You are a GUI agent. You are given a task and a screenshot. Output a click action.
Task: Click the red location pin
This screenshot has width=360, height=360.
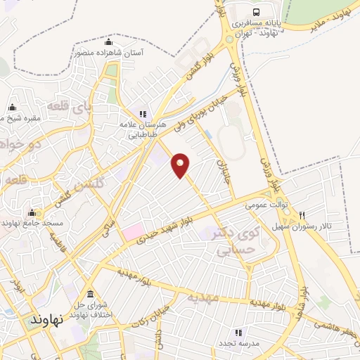[x=181, y=165]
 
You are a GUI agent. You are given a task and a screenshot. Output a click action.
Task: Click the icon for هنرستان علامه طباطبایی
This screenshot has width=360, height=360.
[x=143, y=113]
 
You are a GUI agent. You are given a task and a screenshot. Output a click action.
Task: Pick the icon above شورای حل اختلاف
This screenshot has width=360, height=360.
[x=89, y=293]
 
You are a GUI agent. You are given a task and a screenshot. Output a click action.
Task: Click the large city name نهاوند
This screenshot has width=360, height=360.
[x=46, y=319]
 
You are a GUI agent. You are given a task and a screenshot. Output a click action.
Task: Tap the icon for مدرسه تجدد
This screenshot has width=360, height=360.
[x=238, y=333]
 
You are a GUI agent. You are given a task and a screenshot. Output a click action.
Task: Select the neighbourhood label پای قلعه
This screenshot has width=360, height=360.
[x=64, y=108]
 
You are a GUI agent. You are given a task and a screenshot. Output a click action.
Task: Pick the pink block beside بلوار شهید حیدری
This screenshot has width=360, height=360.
[x=132, y=232]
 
